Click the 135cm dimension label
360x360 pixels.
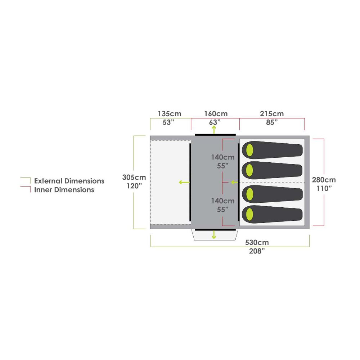[170, 114]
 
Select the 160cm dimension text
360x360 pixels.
[216, 114]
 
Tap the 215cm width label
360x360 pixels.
[272, 114]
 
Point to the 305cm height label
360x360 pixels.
[134, 177]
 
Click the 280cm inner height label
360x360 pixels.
[324, 180]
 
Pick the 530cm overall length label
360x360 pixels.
[257, 242]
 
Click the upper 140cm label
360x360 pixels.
[223, 157]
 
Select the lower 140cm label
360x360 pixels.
[223, 201]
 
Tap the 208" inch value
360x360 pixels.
[257, 251]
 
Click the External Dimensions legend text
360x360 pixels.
[69, 181]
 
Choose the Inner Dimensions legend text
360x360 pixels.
[64, 190]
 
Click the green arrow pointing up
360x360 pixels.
[214, 130]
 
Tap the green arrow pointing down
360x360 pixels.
[214, 235]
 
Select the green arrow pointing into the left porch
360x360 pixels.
[184, 183]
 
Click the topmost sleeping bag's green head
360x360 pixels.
[249, 150]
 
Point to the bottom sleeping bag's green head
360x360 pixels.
[249, 215]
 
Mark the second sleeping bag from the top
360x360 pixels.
[272, 170]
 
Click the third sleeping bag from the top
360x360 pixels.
[272, 194]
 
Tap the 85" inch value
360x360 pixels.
[272, 122]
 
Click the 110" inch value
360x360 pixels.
[324, 189]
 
